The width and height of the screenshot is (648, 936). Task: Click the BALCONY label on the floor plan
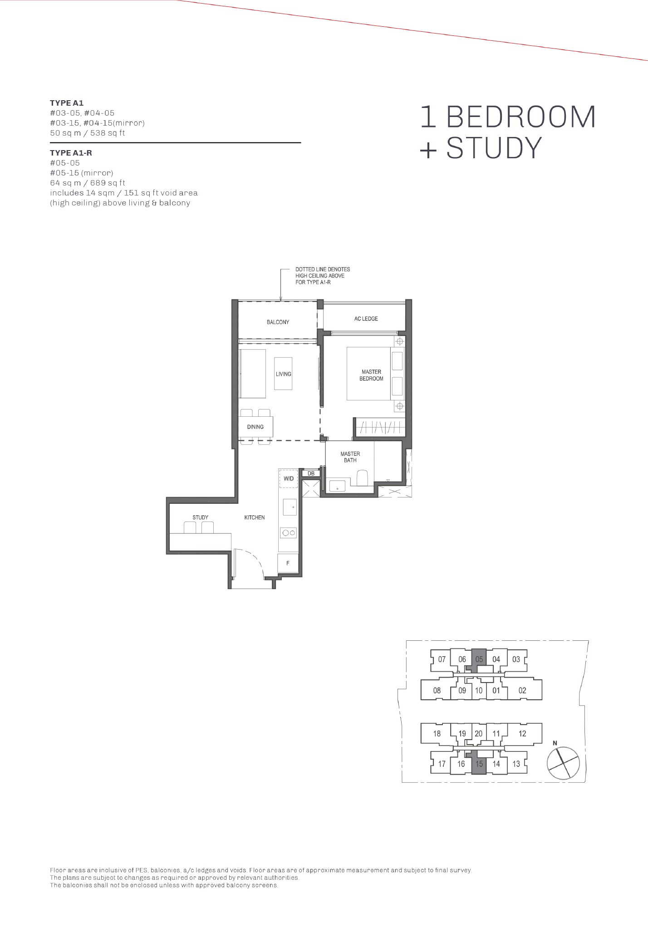(x=278, y=322)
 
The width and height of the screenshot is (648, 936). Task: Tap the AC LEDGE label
(x=366, y=319)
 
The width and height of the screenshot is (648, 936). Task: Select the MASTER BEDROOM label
(x=371, y=375)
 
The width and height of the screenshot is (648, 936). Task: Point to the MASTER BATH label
(x=350, y=457)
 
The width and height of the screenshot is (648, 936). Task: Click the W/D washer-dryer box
(x=288, y=478)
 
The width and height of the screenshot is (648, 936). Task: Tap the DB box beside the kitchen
(x=311, y=473)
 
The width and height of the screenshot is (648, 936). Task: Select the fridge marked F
(x=288, y=564)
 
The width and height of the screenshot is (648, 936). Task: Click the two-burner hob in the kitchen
(x=289, y=533)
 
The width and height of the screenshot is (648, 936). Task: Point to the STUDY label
(x=200, y=517)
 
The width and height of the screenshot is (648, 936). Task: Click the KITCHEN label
(x=254, y=517)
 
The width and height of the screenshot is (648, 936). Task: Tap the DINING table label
(x=255, y=427)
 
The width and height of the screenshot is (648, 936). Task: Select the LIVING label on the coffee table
(x=283, y=374)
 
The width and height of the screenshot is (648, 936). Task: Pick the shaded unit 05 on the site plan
(x=479, y=659)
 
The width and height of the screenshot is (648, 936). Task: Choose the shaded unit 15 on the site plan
(x=479, y=764)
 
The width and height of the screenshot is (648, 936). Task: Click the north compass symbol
(x=563, y=763)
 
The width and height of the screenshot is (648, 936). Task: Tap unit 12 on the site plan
(x=522, y=733)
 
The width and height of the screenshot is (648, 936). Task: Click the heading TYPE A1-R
(x=71, y=153)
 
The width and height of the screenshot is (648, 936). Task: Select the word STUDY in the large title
(x=494, y=147)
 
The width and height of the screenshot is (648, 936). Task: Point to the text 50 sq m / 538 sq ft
(x=88, y=133)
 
